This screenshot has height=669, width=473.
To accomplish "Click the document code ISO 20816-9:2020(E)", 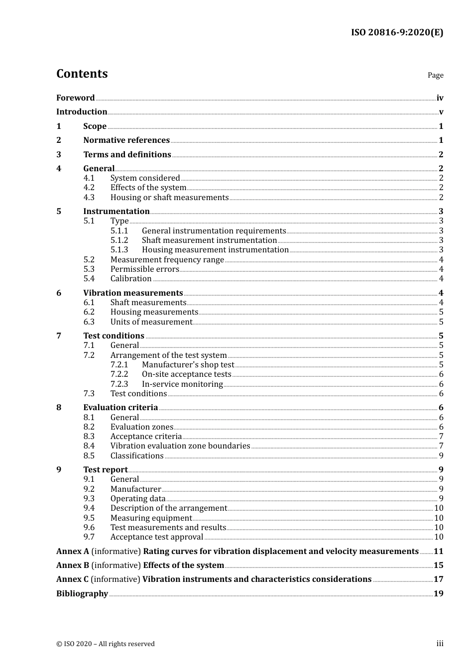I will pyautogui.click(x=397, y=33).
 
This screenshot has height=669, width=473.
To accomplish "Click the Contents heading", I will pyautogui.click(x=82, y=74).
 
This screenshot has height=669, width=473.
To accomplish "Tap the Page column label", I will pyautogui.click(x=435, y=75).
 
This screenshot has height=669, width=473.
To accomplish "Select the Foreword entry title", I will pyautogui.click(x=75, y=98).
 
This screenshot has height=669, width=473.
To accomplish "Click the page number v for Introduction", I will pyautogui.click(x=441, y=112).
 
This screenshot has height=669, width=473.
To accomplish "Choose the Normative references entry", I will pyautogui.click(x=126, y=140).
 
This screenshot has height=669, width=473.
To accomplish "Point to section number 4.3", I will pyautogui.click(x=89, y=198).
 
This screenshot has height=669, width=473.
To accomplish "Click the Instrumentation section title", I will pyautogui.click(x=116, y=212).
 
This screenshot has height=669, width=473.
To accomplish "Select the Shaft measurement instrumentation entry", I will pyautogui.click(x=209, y=240).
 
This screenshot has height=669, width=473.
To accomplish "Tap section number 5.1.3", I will pyautogui.click(x=119, y=250).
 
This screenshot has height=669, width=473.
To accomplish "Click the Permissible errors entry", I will pyautogui.click(x=144, y=269).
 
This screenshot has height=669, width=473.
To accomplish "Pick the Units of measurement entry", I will pyautogui.click(x=151, y=322).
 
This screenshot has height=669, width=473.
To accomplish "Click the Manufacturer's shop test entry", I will pyautogui.click(x=188, y=365).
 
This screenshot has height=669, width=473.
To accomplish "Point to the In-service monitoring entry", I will pyautogui.click(x=182, y=384).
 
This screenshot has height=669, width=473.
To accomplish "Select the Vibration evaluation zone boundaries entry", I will pyautogui.click(x=180, y=446).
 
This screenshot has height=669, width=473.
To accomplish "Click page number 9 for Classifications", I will pyautogui.click(x=441, y=456).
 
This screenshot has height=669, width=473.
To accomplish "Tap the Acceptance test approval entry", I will pyautogui.click(x=157, y=537).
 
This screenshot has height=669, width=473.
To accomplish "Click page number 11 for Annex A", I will pyautogui.click(x=438, y=552).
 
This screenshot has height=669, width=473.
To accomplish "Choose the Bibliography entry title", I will pyautogui.click(x=82, y=594).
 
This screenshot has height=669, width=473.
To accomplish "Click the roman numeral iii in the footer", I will pyautogui.click(x=440, y=644).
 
